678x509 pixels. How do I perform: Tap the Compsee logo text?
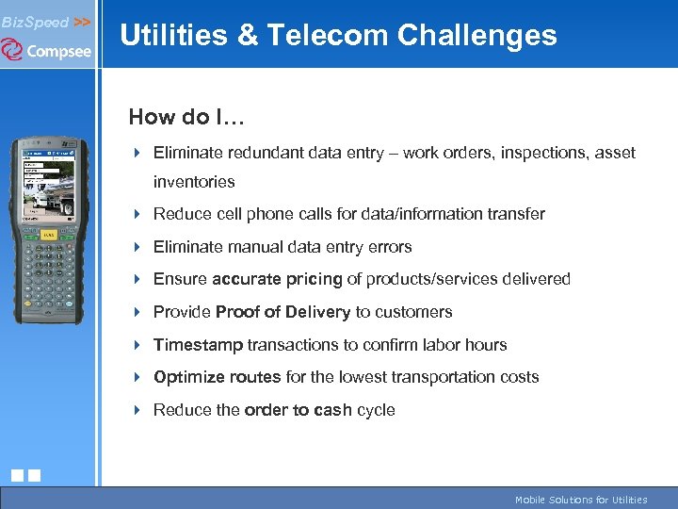[58, 51]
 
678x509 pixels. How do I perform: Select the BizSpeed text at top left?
[35, 22]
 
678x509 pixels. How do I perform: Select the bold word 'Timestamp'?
[198, 345]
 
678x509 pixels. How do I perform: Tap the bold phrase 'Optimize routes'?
[217, 377]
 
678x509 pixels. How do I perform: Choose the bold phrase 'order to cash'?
[298, 410]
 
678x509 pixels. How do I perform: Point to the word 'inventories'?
[194, 182]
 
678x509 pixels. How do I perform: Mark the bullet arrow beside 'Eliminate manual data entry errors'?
[137, 247]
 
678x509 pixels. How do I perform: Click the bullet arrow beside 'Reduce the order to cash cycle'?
[137, 410]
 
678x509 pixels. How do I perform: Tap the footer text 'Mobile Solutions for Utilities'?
[580, 500]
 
